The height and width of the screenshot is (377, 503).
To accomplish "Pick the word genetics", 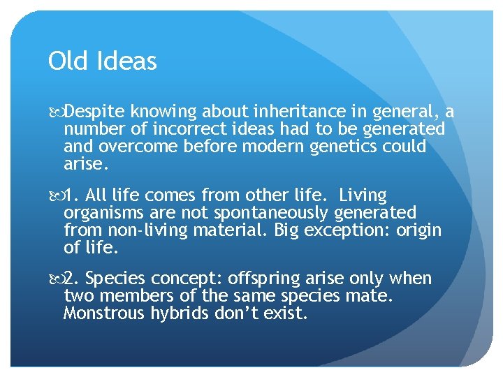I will (342, 147).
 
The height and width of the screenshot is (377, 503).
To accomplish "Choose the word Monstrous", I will (103, 313).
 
